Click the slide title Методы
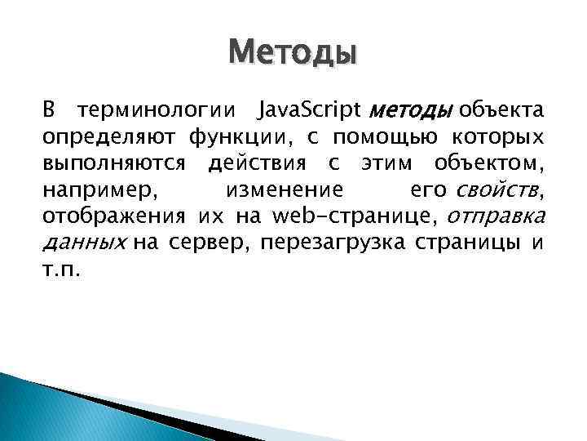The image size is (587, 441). (x=293, y=53)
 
